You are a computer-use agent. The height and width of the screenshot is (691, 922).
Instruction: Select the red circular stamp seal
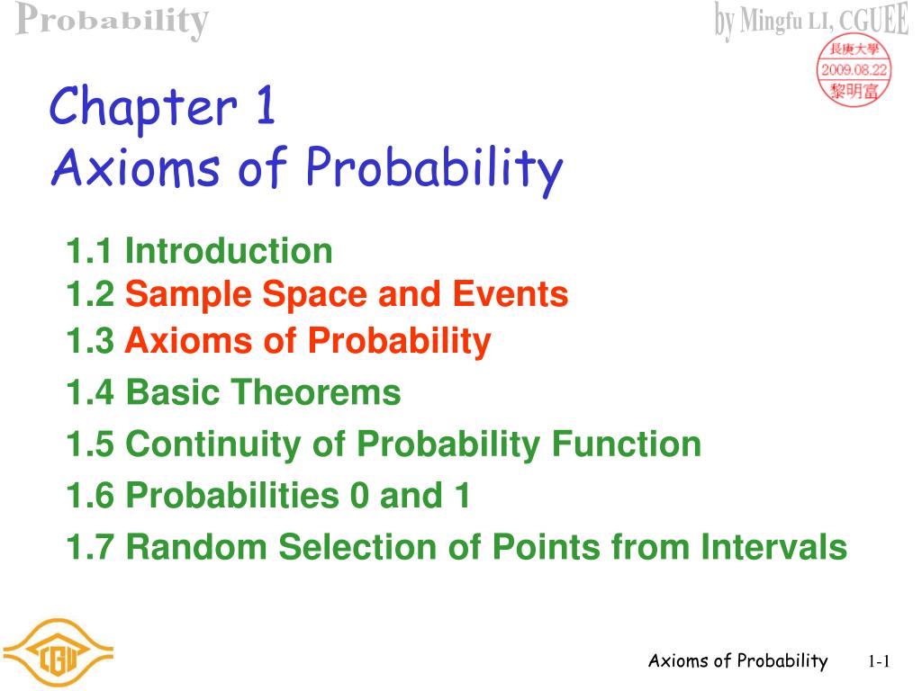click(854, 71)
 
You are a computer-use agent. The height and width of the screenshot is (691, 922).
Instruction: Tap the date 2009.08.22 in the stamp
click(854, 70)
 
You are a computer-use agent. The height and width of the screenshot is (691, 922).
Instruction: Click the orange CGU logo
click(57, 651)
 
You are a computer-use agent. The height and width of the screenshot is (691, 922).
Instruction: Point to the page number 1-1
click(879, 661)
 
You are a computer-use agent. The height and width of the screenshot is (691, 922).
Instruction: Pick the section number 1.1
click(89, 251)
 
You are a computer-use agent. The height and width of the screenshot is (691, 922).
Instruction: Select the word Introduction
click(229, 251)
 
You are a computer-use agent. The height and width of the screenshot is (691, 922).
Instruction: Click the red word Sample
click(188, 295)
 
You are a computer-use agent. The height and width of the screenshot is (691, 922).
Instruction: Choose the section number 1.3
click(89, 341)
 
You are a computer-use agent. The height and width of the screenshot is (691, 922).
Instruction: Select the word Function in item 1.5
click(627, 444)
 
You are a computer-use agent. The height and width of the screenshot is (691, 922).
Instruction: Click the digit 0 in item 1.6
click(359, 496)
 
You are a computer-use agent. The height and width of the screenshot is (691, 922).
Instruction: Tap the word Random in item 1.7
click(196, 547)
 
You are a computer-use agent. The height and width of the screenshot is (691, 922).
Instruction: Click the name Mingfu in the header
click(771, 22)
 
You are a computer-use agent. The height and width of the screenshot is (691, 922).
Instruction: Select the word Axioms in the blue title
click(135, 167)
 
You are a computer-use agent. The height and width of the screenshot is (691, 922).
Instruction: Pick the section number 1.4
click(89, 392)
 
